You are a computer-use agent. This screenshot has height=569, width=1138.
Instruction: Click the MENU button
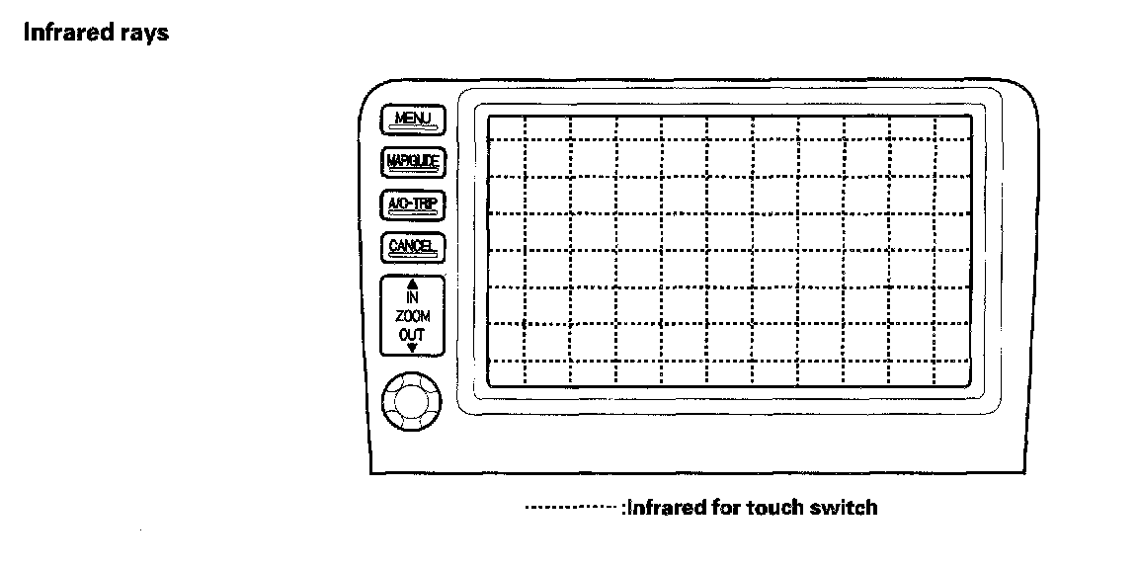(x=413, y=120)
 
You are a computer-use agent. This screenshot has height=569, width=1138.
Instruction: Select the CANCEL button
(x=413, y=246)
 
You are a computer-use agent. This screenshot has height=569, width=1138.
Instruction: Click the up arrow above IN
(x=413, y=284)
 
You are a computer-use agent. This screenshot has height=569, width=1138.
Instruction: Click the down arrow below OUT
(x=413, y=348)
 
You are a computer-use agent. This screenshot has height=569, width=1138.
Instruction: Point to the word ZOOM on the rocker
(x=413, y=316)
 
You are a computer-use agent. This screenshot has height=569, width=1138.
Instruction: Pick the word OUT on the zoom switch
(x=413, y=334)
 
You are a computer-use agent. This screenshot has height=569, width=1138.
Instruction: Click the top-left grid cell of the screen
(x=505, y=127)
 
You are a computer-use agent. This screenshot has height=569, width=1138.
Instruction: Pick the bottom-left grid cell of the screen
(x=505, y=373)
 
